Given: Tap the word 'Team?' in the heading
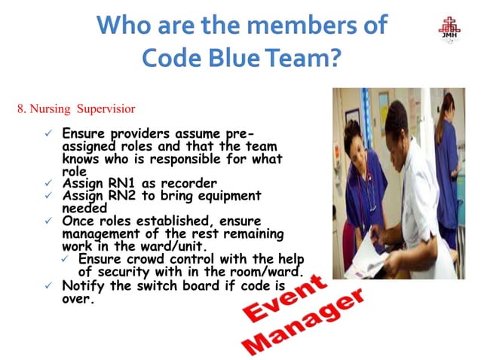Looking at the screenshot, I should (x=302, y=58).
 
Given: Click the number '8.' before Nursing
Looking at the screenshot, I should (x=22, y=109).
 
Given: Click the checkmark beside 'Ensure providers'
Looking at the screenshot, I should (x=48, y=133).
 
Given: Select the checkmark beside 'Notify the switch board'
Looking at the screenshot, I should (x=48, y=286).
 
